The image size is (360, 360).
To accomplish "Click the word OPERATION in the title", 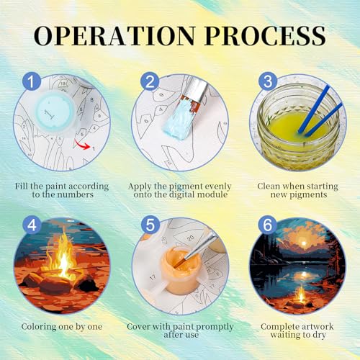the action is pos(114,35).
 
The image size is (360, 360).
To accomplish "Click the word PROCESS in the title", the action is pos(265,35).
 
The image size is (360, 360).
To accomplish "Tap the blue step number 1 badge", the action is pos(32,81).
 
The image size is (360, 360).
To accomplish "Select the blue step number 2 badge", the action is pos(150,81).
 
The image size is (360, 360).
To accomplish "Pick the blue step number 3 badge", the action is pos(268,81).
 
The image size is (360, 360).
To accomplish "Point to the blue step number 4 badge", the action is pos(32,225).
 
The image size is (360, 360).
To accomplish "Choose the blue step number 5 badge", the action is pos(150,225).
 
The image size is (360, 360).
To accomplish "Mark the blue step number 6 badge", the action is pos(268,225).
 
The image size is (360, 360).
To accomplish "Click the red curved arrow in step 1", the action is pos(81,145).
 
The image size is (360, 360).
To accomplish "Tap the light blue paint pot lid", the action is pos(55,112).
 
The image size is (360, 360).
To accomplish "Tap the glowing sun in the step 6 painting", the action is pos(304,243).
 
